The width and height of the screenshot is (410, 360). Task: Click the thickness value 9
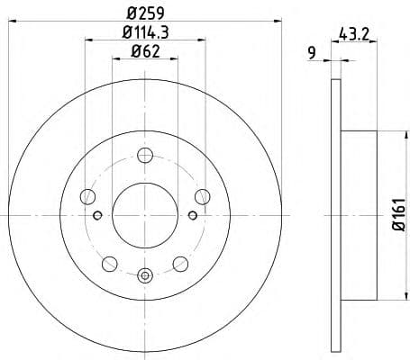311,52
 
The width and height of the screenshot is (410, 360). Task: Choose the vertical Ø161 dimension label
397,215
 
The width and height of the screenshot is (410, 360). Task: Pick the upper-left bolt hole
87,195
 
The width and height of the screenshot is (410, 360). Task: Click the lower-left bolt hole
109,263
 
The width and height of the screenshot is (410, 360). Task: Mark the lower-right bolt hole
179,263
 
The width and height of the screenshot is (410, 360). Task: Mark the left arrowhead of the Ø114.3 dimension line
88,40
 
